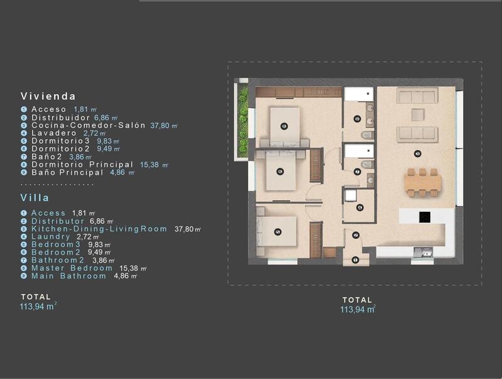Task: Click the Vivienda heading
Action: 48,96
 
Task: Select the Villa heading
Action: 35,197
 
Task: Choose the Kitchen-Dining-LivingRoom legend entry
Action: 99,229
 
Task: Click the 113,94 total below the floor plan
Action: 357,309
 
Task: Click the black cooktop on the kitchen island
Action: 424,217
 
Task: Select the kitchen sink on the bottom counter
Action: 427,253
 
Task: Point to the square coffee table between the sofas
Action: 417,114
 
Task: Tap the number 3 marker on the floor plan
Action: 417,153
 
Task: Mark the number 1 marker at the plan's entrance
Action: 356,260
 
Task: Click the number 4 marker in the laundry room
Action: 359,207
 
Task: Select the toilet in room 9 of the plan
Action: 366,135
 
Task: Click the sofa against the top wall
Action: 417,96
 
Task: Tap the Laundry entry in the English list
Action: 51,236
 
